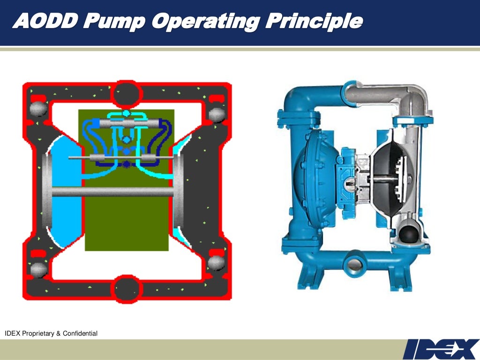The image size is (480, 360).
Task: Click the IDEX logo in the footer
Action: pyautogui.click(x=441, y=349)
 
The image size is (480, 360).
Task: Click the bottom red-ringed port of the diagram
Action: pyautogui.click(x=126, y=287)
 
